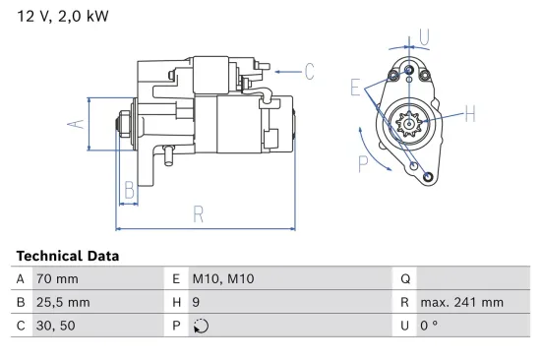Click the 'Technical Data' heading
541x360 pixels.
(x=68, y=256)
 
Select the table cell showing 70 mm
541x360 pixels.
(x=56, y=278)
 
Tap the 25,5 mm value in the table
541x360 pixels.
(x=64, y=302)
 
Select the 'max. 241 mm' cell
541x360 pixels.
(x=461, y=302)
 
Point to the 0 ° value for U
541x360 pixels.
(x=429, y=327)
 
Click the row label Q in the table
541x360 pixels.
(x=405, y=278)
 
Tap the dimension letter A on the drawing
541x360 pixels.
(x=72, y=124)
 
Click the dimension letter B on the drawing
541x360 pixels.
(x=129, y=189)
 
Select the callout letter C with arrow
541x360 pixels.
(x=308, y=71)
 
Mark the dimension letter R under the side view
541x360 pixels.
(x=198, y=212)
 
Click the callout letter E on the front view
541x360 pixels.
(x=355, y=87)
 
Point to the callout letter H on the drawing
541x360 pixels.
(x=469, y=116)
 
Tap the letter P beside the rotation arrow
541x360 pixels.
(x=362, y=163)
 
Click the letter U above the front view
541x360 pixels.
(x=424, y=36)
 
